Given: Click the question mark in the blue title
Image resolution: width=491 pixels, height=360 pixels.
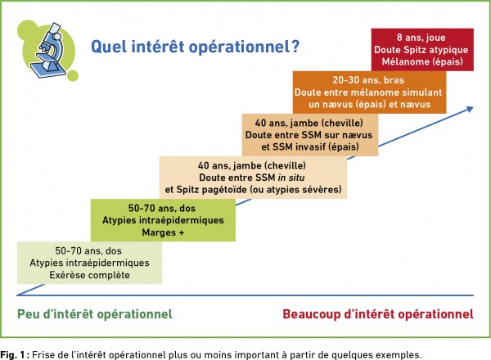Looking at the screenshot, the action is tap(294, 47).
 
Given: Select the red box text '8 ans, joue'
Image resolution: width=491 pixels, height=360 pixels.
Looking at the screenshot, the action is tap(421, 38).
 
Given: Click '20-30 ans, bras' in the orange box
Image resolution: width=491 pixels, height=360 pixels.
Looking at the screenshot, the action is tap(368, 80).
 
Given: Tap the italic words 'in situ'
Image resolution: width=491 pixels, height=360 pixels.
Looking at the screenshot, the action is tap(291, 178).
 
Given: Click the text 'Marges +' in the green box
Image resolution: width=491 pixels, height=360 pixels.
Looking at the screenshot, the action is tap(163, 232).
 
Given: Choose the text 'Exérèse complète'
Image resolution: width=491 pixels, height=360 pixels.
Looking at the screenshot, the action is tap(89, 275).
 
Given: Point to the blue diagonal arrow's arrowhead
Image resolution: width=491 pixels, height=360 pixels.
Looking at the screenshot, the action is tap(470, 109).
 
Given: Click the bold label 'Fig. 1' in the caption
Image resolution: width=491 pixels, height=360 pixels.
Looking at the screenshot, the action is tap(12, 355).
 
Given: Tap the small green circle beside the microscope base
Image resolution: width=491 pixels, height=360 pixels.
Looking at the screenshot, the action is tap(73, 76).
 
